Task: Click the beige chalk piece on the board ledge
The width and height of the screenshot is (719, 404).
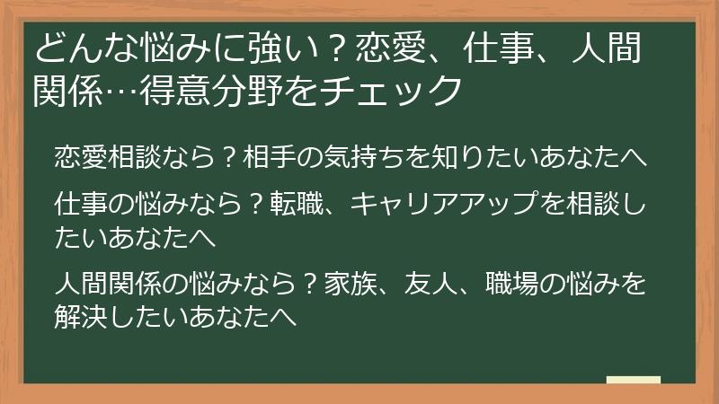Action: click(634, 380)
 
